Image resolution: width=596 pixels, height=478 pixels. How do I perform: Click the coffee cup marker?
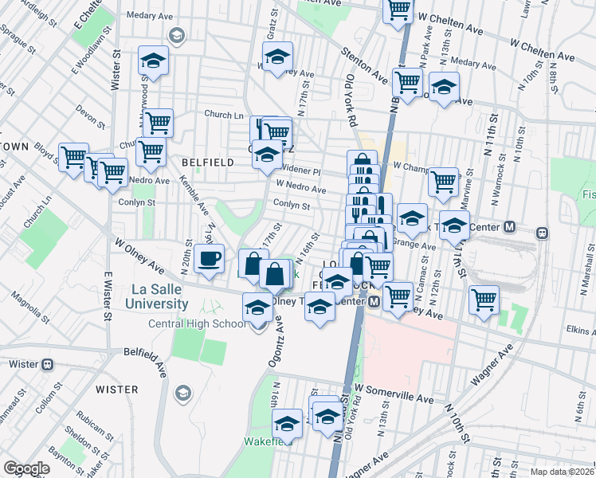(x=209, y=259)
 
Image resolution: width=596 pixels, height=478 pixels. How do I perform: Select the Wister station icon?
(x=47, y=364)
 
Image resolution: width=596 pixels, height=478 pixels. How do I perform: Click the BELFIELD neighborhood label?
(x=208, y=163)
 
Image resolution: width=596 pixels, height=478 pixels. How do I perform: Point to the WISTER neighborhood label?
(x=117, y=390)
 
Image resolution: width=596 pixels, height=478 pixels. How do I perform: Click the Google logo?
(x=26, y=468)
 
